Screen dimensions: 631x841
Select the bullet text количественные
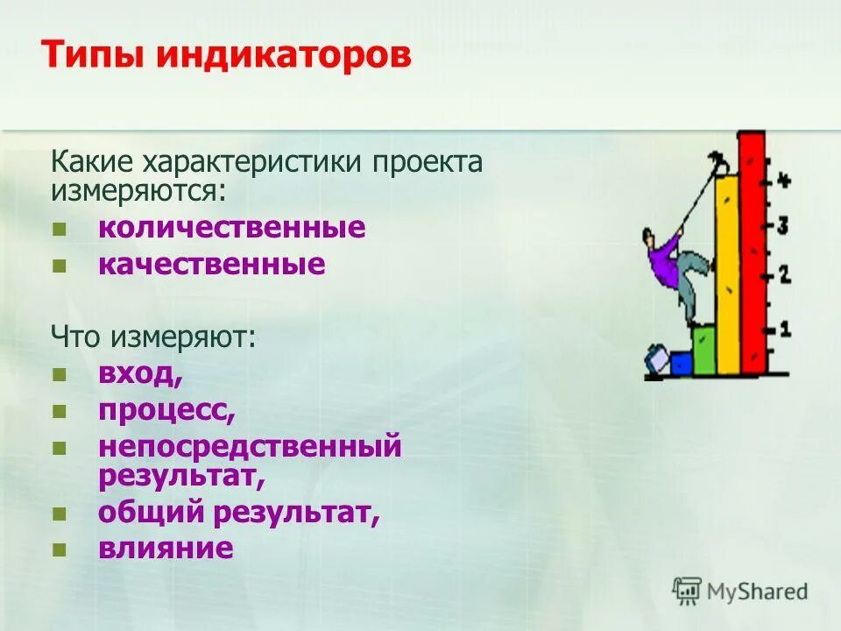[231, 228]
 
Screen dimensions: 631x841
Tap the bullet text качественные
[211, 264]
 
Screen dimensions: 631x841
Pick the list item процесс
[166, 410]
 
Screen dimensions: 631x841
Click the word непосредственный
[250, 446]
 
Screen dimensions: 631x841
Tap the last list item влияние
[166, 549]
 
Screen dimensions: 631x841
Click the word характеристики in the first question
[252, 162]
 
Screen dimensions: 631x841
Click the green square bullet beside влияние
[60, 550]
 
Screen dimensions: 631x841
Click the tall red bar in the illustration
[752, 254]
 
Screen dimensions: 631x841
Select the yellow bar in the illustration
[727, 280]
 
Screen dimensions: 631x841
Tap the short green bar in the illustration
[703, 350]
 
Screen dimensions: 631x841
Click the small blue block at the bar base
[681, 363]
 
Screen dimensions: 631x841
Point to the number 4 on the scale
[783, 181]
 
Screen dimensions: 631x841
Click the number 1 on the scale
[784, 330]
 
